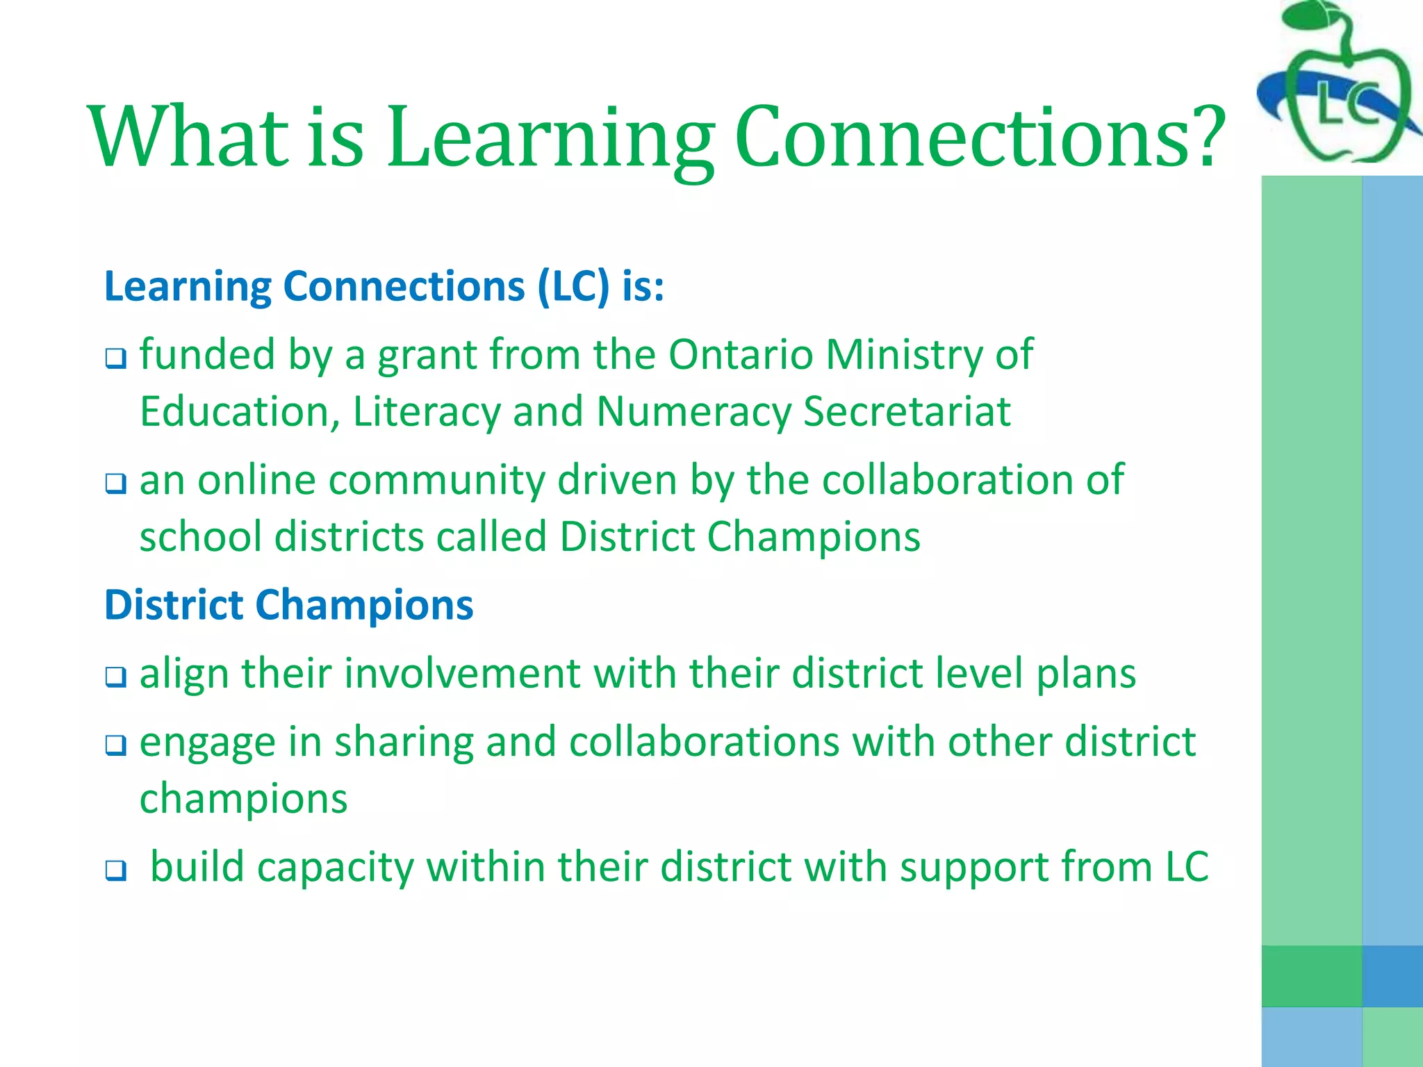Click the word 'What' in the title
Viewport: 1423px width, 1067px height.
click(x=188, y=135)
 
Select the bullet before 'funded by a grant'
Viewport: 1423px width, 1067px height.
click(x=115, y=359)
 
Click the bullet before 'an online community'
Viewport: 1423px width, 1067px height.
click(x=115, y=483)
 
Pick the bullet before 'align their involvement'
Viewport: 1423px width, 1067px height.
click(x=115, y=677)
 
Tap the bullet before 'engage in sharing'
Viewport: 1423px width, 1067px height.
click(x=115, y=745)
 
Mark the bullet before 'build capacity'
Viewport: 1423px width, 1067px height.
click(x=115, y=870)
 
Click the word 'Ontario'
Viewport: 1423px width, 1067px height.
click(x=741, y=355)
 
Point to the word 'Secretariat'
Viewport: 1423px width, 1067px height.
click(x=907, y=412)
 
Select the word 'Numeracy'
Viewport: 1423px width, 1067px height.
click(x=693, y=412)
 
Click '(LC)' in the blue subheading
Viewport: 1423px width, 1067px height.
click(x=574, y=286)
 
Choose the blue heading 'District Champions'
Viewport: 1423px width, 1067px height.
click(x=289, y=604)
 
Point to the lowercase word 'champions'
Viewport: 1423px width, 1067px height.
click(x=243, y=799)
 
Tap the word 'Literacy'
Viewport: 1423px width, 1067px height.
click(x=427, y=412)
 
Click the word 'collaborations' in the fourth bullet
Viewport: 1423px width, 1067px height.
click(x=705, y=742)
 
